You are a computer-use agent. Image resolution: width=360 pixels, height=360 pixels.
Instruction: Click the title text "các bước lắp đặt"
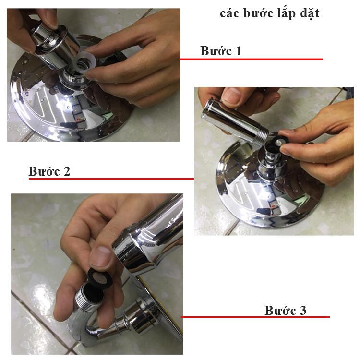270,13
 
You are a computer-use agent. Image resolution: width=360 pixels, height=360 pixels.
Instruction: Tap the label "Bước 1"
221,51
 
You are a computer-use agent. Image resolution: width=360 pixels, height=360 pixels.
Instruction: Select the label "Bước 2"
49,171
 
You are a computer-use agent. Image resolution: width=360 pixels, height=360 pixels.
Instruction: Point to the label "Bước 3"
286,311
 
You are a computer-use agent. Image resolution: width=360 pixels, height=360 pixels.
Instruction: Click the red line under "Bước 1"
251,59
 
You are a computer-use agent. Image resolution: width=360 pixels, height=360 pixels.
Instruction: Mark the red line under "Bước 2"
111,179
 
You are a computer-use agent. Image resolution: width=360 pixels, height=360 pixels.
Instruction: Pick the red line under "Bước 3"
255,317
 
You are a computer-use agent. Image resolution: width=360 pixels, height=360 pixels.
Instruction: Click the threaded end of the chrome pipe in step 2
262,135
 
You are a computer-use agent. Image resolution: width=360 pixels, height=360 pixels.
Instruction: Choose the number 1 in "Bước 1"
238,51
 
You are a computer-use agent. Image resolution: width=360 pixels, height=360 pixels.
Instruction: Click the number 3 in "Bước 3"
303,311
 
